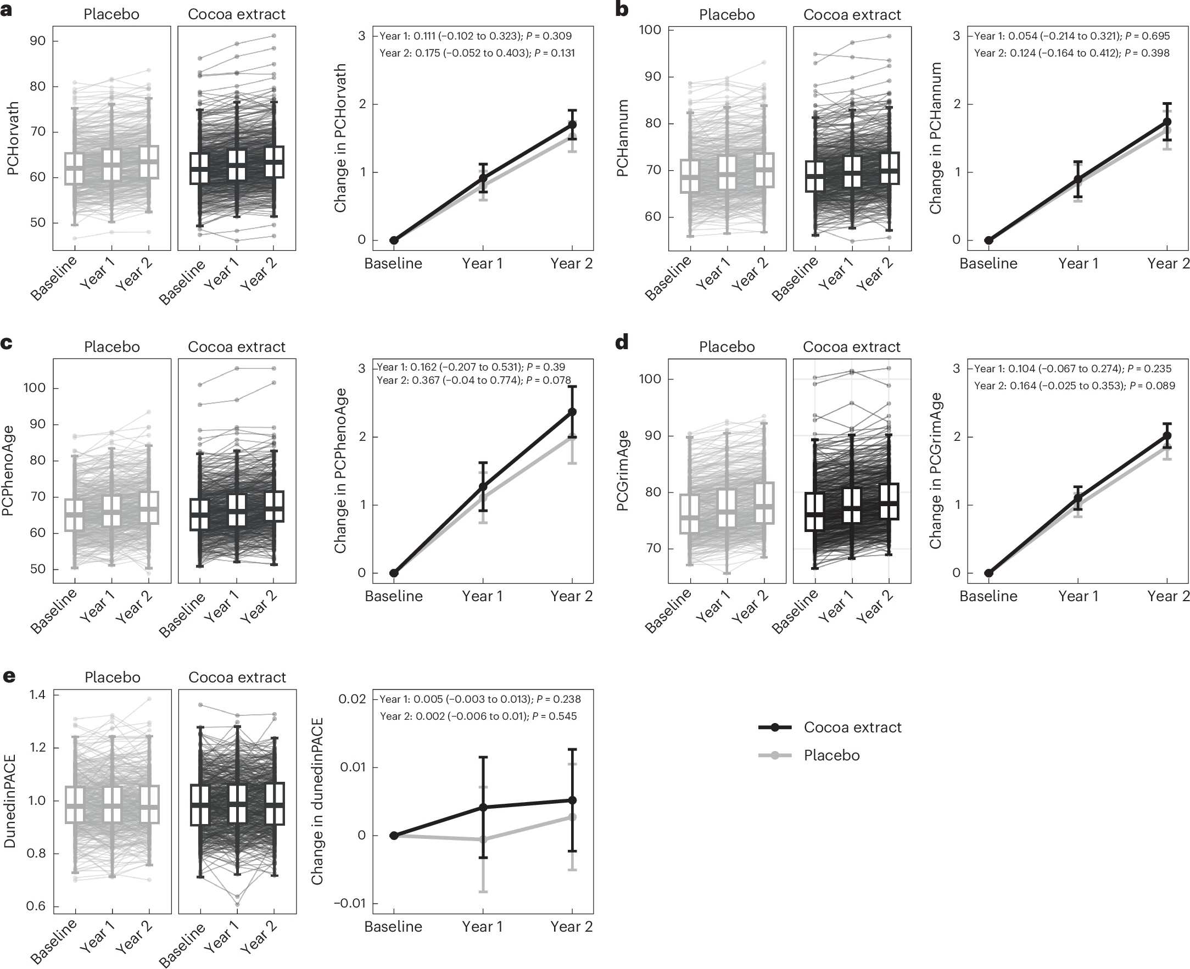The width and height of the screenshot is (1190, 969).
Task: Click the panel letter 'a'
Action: pyautogui.click(x=7, y=10)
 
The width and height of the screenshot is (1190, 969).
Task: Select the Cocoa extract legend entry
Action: pyautogui.click(x=852, y=727)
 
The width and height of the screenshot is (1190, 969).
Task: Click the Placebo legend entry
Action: pyautogui.click(x=831, y=755)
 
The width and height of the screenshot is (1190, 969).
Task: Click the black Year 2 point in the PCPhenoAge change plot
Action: pyautogui.click(x=572, y=411)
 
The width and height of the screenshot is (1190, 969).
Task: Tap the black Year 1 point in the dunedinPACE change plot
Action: pyautogui.click(x=483, y=807)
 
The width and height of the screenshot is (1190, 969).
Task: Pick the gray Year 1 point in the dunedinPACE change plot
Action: pyautogui.click(x=483, y=839)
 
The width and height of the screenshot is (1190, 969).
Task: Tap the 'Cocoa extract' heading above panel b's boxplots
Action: pyautogui.click(x=852, y=15)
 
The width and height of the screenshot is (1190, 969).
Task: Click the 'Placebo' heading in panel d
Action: pyautogui.click(x=727, y=347)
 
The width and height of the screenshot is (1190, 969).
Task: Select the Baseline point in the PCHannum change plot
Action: pyautogui.click(x=988, y=240)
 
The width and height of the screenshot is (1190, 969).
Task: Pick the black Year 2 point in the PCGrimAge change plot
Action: pyautogui.click(x=1166, y=435)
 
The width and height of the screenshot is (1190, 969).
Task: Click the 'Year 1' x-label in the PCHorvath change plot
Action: pyautogui.click(x=482, y=264)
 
